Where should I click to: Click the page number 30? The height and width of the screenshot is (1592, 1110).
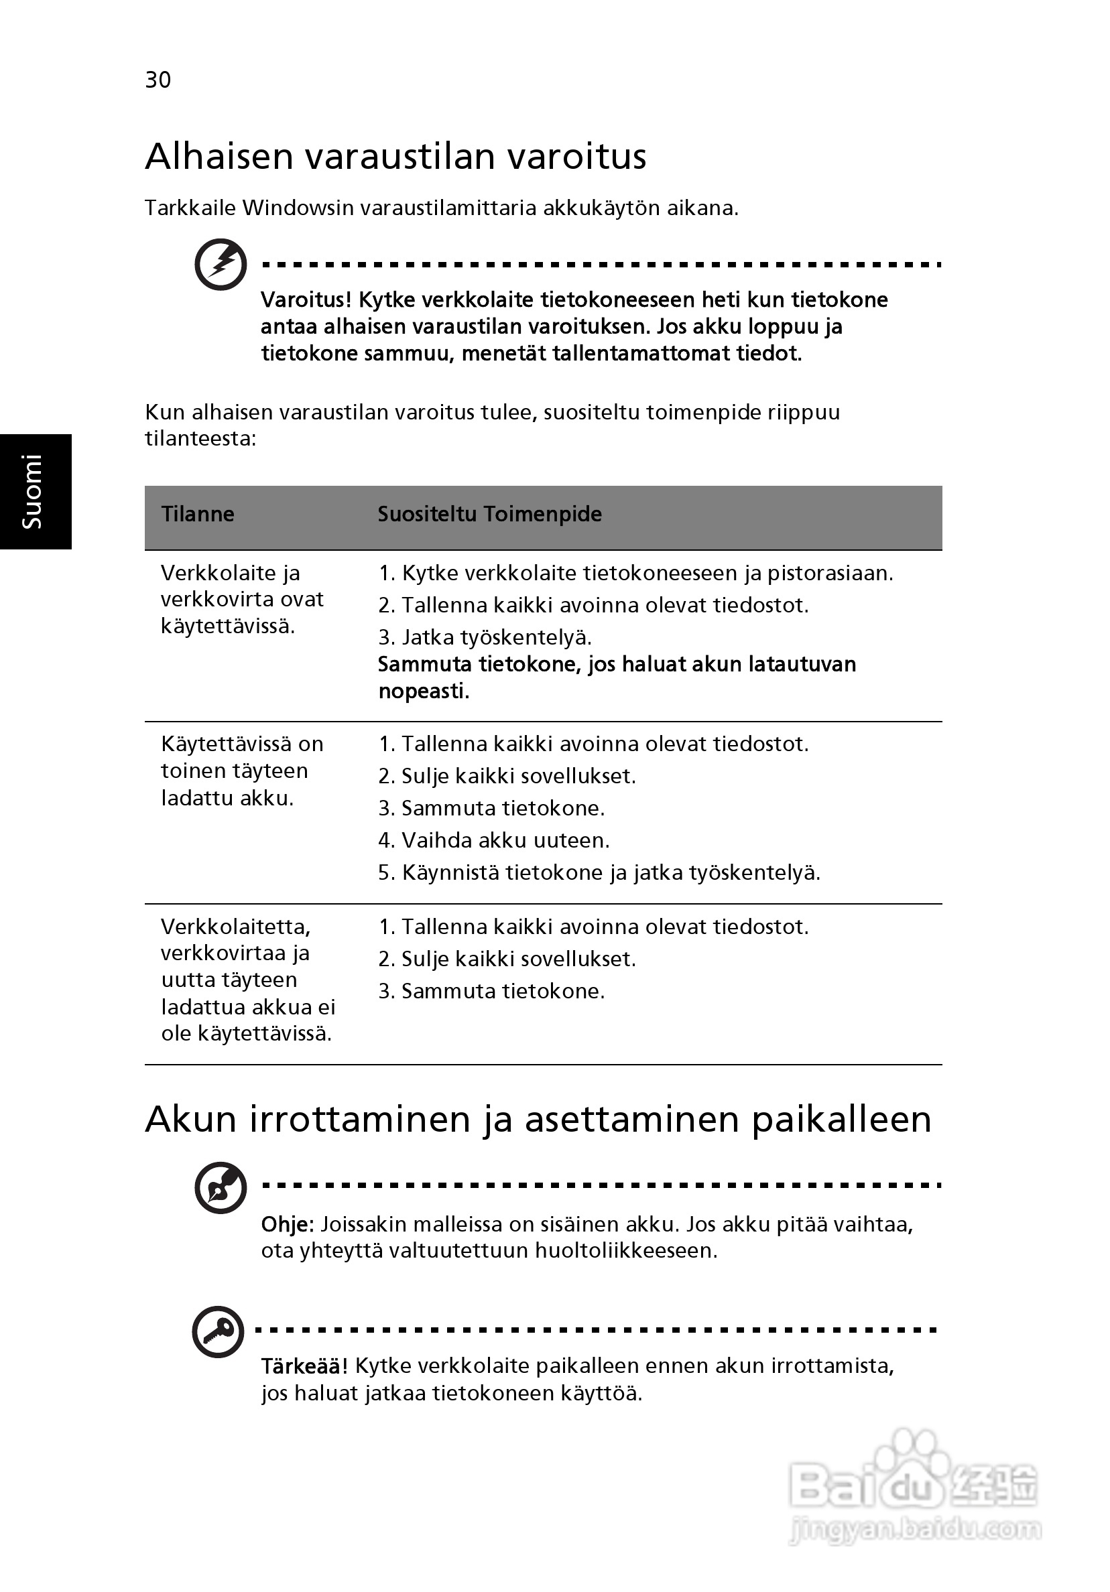tap(158, 80)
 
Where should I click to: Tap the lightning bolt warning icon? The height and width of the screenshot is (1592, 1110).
tap(221, 264)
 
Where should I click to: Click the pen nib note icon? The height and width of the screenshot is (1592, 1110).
tap(221, 1188)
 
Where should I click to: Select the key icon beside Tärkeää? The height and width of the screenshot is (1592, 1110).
tap(218, 1331)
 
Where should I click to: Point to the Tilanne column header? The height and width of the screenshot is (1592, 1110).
tap(198, 514)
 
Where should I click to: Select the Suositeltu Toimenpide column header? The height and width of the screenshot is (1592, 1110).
tap(489, 514)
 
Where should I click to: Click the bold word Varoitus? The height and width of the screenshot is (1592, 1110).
tap(306, 300)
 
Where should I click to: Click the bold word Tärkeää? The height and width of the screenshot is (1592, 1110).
tap(304, 1366)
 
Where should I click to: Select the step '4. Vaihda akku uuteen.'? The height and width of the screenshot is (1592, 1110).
tap(493, 840)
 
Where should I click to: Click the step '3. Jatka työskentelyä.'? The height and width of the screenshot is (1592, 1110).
tap(484, 637)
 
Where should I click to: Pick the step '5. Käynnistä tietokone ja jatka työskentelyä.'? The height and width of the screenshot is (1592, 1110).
tap(599, 872)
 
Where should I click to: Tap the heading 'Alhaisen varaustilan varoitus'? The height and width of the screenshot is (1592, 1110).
tap(395, 156)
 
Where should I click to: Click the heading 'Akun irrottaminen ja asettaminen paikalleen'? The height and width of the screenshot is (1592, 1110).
tap(538, 1119)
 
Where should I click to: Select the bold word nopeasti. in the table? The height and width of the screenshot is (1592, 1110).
tap(423, 691)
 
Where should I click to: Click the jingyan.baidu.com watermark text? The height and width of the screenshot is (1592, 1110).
tap(916, 1529)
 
